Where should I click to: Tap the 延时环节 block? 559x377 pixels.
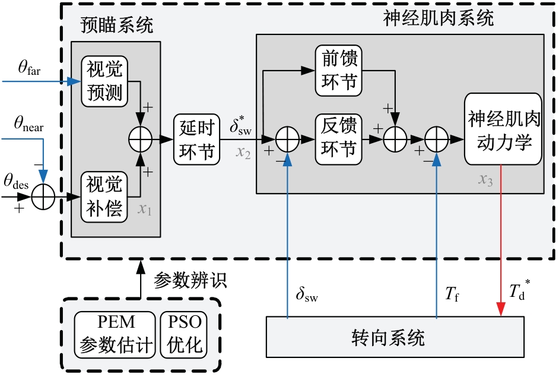[x=196, y=140]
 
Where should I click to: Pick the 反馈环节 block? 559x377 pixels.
[x=339, y=140]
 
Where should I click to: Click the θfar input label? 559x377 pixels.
[x=29, y=68]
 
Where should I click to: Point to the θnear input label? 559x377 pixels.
[x=29, y=126]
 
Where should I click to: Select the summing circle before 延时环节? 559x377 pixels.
[x=141, y=140]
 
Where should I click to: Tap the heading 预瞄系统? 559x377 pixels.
[x=116, y=25]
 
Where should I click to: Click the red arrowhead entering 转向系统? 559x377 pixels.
[x=501, y=310]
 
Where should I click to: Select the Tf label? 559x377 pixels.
[x=453, y=292]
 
